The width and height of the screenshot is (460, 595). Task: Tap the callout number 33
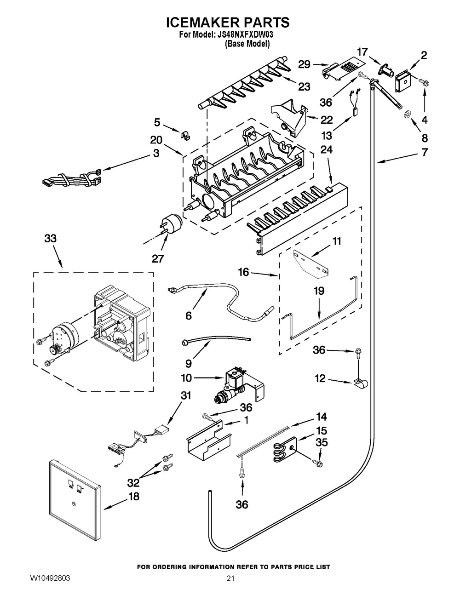point(51,239)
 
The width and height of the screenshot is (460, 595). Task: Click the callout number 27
point(157,258)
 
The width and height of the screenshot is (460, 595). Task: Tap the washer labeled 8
point(408,114)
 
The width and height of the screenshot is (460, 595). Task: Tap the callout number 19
point(319,291)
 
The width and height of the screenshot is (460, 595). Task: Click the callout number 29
point(304,65)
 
